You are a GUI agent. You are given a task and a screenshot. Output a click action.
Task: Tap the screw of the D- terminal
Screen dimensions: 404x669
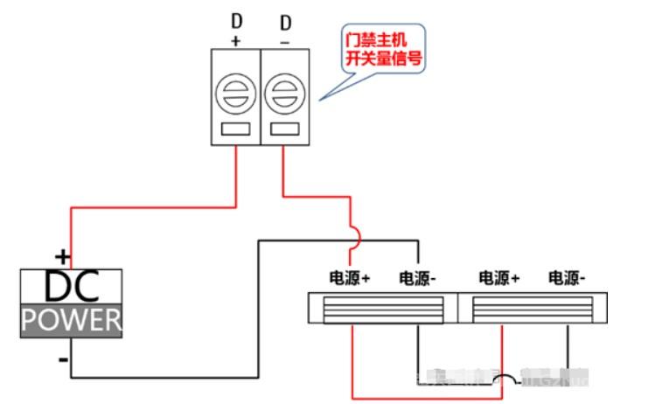pyautogui.click(x=283, y=92)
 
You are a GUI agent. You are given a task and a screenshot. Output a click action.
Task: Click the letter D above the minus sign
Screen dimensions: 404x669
pyautogui.click(x=284, y=19)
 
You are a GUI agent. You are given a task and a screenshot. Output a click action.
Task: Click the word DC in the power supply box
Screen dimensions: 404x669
pyautogui.click(x=71, y=286)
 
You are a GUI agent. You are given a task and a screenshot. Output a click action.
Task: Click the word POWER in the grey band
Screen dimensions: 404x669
pyautogui.click(x=72, y=320)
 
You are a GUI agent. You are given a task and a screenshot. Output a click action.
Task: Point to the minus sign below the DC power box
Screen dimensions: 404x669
pyautogui.click(x=63, y=359)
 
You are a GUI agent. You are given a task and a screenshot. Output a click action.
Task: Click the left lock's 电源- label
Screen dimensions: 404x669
pyautogui.click(x=418, y=279)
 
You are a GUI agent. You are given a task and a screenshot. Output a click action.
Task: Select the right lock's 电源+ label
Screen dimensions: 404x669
pyautogui.click(x=499, y=279)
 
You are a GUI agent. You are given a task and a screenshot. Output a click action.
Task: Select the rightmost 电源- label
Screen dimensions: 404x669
pyautogui.click(x=568, y=279)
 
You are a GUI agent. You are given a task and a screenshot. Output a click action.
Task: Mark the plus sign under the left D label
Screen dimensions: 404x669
pyautogui.click(x=236, y=41)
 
